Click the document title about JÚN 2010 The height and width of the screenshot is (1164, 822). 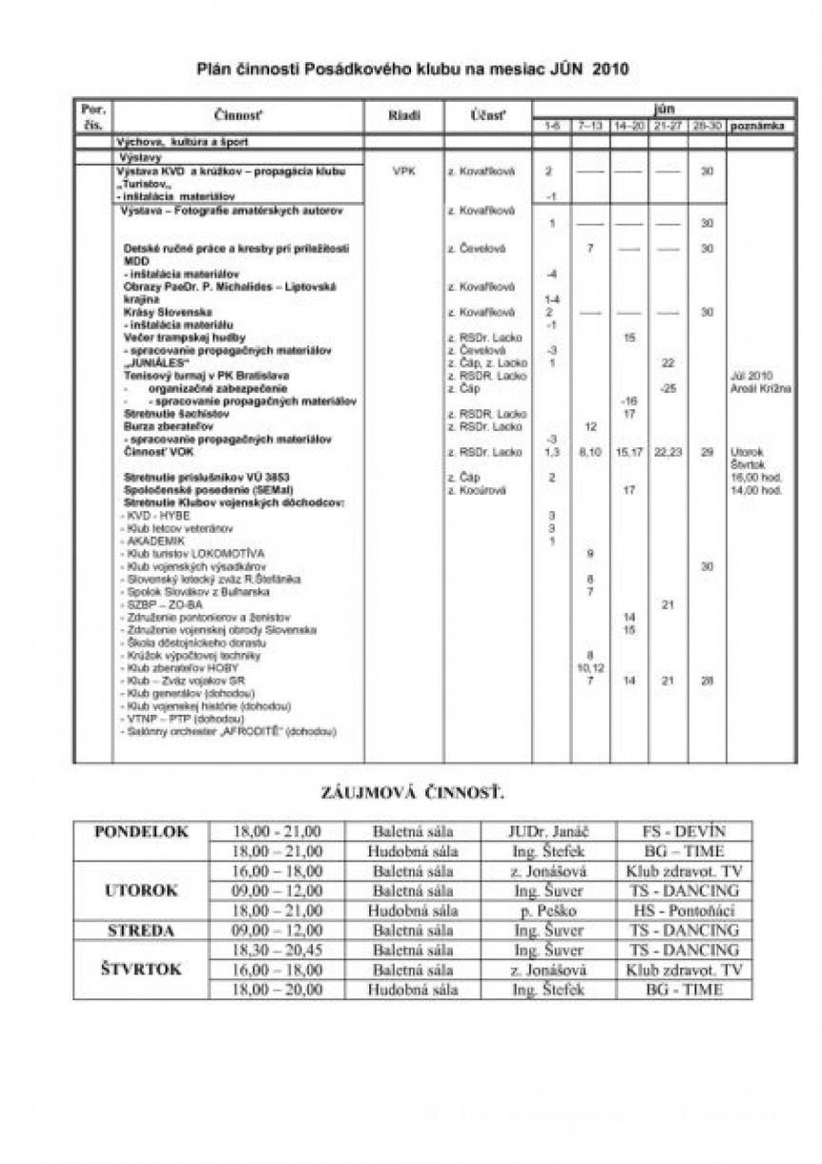[412, 69]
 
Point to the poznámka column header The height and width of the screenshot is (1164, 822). [760, 126]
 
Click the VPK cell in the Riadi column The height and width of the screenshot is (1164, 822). [403, 171]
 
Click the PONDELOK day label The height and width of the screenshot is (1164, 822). [142, 831]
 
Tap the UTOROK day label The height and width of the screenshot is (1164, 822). [142, 891]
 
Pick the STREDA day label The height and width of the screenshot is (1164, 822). [142, 931]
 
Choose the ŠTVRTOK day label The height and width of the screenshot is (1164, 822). [142, 970]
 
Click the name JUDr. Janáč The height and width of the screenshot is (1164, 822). [550, 831]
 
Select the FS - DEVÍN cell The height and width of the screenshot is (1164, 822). [684, 831]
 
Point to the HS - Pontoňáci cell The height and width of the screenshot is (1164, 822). [684, 911]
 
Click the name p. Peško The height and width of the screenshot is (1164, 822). [550, 911]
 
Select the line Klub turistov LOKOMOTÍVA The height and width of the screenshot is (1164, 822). [196, 553]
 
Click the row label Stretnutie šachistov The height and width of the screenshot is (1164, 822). [171, 414]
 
